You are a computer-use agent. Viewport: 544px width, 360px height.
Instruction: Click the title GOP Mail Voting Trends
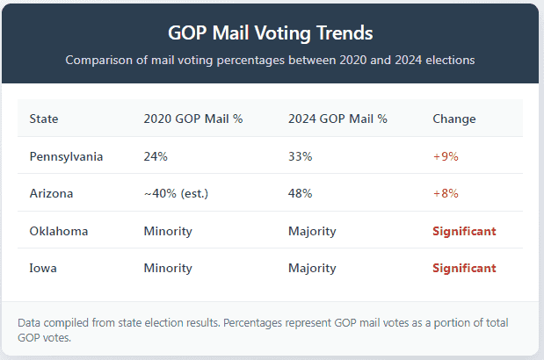pos(271,32)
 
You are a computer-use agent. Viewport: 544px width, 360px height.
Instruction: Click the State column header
pos(44,119)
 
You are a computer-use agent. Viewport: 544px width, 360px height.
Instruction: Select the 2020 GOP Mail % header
pos(192,119)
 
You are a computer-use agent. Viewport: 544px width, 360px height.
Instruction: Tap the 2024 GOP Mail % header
pos(337,119)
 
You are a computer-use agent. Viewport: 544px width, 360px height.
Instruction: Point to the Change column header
pos(454,119)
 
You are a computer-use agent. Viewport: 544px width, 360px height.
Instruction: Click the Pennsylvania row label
pos(66,156)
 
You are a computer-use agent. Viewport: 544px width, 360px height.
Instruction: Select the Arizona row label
pos(51,193)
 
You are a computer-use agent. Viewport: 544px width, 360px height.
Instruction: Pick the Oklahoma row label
pos(59,231)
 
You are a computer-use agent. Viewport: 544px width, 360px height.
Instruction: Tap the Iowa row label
pos(43,268)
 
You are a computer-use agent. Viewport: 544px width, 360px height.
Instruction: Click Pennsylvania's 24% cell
pos(156,156)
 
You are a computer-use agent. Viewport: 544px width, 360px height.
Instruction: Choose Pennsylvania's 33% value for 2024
pos(300,156)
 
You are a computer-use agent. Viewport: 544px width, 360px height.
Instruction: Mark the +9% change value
pos(446,156)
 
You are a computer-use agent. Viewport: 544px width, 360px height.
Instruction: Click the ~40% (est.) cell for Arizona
pos(177,193)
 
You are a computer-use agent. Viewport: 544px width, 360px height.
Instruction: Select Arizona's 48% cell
pos(301,193)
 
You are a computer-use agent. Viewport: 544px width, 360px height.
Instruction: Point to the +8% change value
pos(446,193)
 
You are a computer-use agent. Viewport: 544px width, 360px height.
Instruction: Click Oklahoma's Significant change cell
pos(464,231)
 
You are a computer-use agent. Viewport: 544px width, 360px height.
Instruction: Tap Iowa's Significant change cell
pos(464,268)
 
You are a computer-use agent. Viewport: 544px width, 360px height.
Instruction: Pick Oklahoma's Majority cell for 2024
pos(312,231)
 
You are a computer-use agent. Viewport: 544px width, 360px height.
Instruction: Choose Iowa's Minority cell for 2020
pos(168,268)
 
